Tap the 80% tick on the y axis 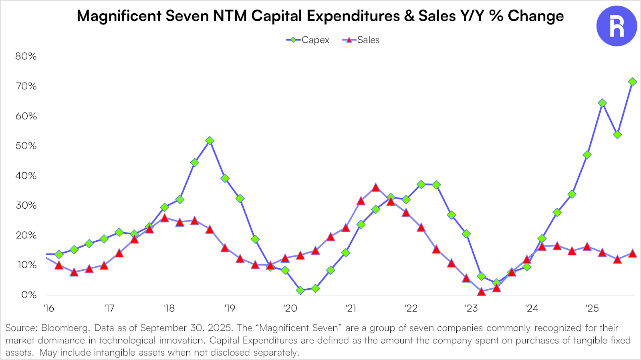[x=26, y=56]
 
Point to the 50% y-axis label [x=26, y=146]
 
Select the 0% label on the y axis [x=29, y=295]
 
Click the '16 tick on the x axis [x=48, y=308]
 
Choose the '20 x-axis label [x=290, y=308]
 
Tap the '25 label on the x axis [x=592, y=308]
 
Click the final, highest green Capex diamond [x=633, y=82]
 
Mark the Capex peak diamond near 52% [x=210, y=141]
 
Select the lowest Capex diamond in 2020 [x=300, y=290]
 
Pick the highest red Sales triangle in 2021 [x=375, y=187]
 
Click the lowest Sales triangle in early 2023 [x=482, y=292]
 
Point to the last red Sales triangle [x=633, y=253]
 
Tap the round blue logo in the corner [x=617, y=26]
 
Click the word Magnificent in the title [x=119, y=16]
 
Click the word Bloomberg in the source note [x=65, y=328]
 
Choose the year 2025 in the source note [x=220, y=328]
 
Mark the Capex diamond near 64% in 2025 [x=602, y=103]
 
